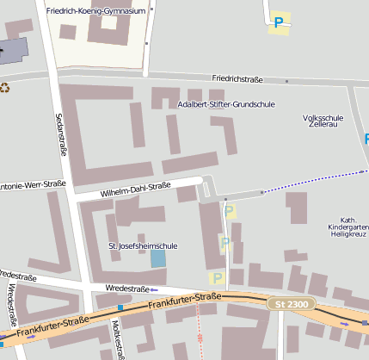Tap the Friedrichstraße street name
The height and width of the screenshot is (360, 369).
point(237,78)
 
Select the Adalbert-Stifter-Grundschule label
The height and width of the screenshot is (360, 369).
point(225,104)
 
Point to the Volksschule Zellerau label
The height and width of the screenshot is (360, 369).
point(323,121)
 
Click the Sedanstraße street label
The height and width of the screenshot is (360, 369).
point(61,134)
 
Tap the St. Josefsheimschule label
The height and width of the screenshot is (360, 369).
point(144,246)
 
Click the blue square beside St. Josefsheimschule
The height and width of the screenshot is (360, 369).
point(158,258)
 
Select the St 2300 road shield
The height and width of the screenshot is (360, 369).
point(290,304)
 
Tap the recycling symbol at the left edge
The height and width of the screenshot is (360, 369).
point(5,87)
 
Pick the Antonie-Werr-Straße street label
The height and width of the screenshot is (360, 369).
point(32,184)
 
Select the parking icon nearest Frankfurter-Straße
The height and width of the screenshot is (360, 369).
point(217,277)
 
